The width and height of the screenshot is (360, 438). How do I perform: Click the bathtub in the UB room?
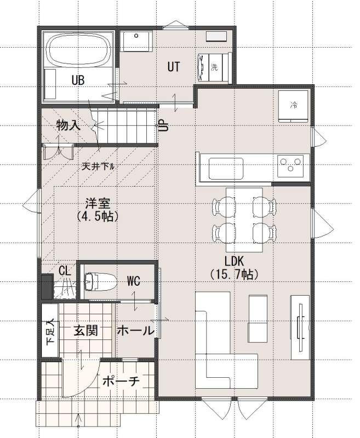(78, 49)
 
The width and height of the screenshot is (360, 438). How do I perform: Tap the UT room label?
(174, 67)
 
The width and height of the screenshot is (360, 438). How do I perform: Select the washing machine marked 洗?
(214, 67)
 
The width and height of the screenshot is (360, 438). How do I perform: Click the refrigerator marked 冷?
(293, 106)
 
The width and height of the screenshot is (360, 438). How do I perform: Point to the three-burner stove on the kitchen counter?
(290, 165)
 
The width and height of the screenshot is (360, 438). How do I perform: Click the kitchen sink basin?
(226, 169)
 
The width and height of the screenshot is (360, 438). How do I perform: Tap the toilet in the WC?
(100, 282)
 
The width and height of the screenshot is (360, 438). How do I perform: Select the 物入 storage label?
(68, 125)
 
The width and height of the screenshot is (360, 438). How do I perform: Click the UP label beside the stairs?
(163, 125)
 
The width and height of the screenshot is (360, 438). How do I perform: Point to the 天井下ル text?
(98, 167)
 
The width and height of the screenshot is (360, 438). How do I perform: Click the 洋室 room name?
(98, 203)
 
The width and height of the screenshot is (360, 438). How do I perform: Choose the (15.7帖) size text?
(234, 274)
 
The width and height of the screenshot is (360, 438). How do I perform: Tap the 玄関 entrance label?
(86, 331)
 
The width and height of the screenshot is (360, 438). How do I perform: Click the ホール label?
(135, 331)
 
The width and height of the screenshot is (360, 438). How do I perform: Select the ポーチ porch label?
(121, 381)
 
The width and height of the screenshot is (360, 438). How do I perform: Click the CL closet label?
(65, 270)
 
